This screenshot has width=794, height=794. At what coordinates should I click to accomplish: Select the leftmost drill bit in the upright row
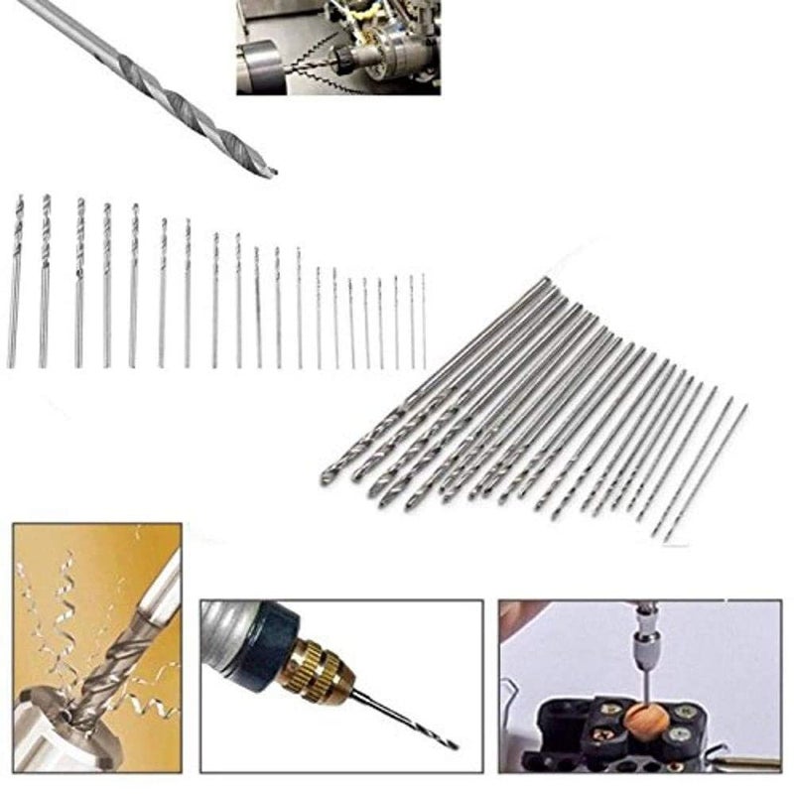15,283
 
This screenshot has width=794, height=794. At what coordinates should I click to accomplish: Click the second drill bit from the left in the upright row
45,283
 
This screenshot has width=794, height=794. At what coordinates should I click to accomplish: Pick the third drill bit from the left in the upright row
79,283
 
